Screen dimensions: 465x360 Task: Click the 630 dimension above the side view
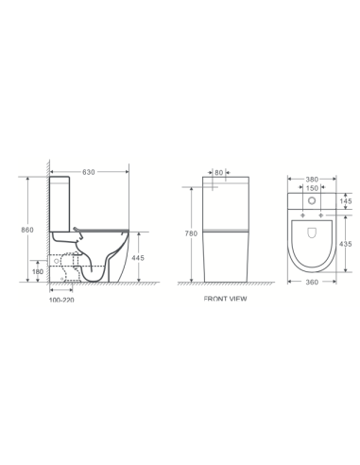[x=89, y=172]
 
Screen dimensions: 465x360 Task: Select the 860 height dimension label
[x=29, y=230]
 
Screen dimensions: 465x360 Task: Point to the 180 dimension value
[x=38, y=271]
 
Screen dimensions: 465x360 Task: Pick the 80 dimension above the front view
[x=219, y=173]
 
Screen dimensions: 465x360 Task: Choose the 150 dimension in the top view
[x=311, y=188]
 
